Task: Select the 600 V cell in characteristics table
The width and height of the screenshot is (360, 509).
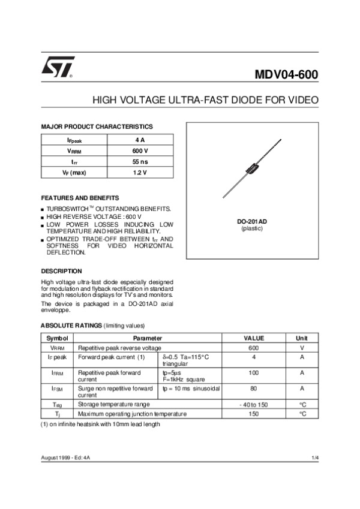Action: click(140, 150)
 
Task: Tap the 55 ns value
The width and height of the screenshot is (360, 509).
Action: click(140, 162)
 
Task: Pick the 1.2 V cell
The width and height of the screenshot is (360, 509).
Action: click(140, 173)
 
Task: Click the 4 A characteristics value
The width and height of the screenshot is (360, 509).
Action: click(140, 140)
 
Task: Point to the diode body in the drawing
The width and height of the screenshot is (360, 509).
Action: click(251, 168)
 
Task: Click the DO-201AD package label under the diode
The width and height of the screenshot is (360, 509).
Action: click(252, 222)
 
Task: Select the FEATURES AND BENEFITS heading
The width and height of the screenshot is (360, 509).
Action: click(80, 198)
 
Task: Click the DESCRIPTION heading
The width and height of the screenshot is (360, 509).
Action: click(61, 271)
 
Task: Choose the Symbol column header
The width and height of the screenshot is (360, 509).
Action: click(58, 339)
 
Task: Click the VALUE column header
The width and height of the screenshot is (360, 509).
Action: click(253, 339)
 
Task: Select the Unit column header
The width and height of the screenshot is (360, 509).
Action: click(302, 339)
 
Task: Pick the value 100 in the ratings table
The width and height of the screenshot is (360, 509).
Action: click(253, 373)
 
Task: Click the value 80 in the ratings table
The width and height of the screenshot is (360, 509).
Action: click(253, 389)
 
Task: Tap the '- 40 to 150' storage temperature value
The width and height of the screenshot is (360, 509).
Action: click(253, 405)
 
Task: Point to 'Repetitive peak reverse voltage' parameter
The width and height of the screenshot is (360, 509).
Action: click(119, 348)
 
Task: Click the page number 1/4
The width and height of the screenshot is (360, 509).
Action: click(315, 458)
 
